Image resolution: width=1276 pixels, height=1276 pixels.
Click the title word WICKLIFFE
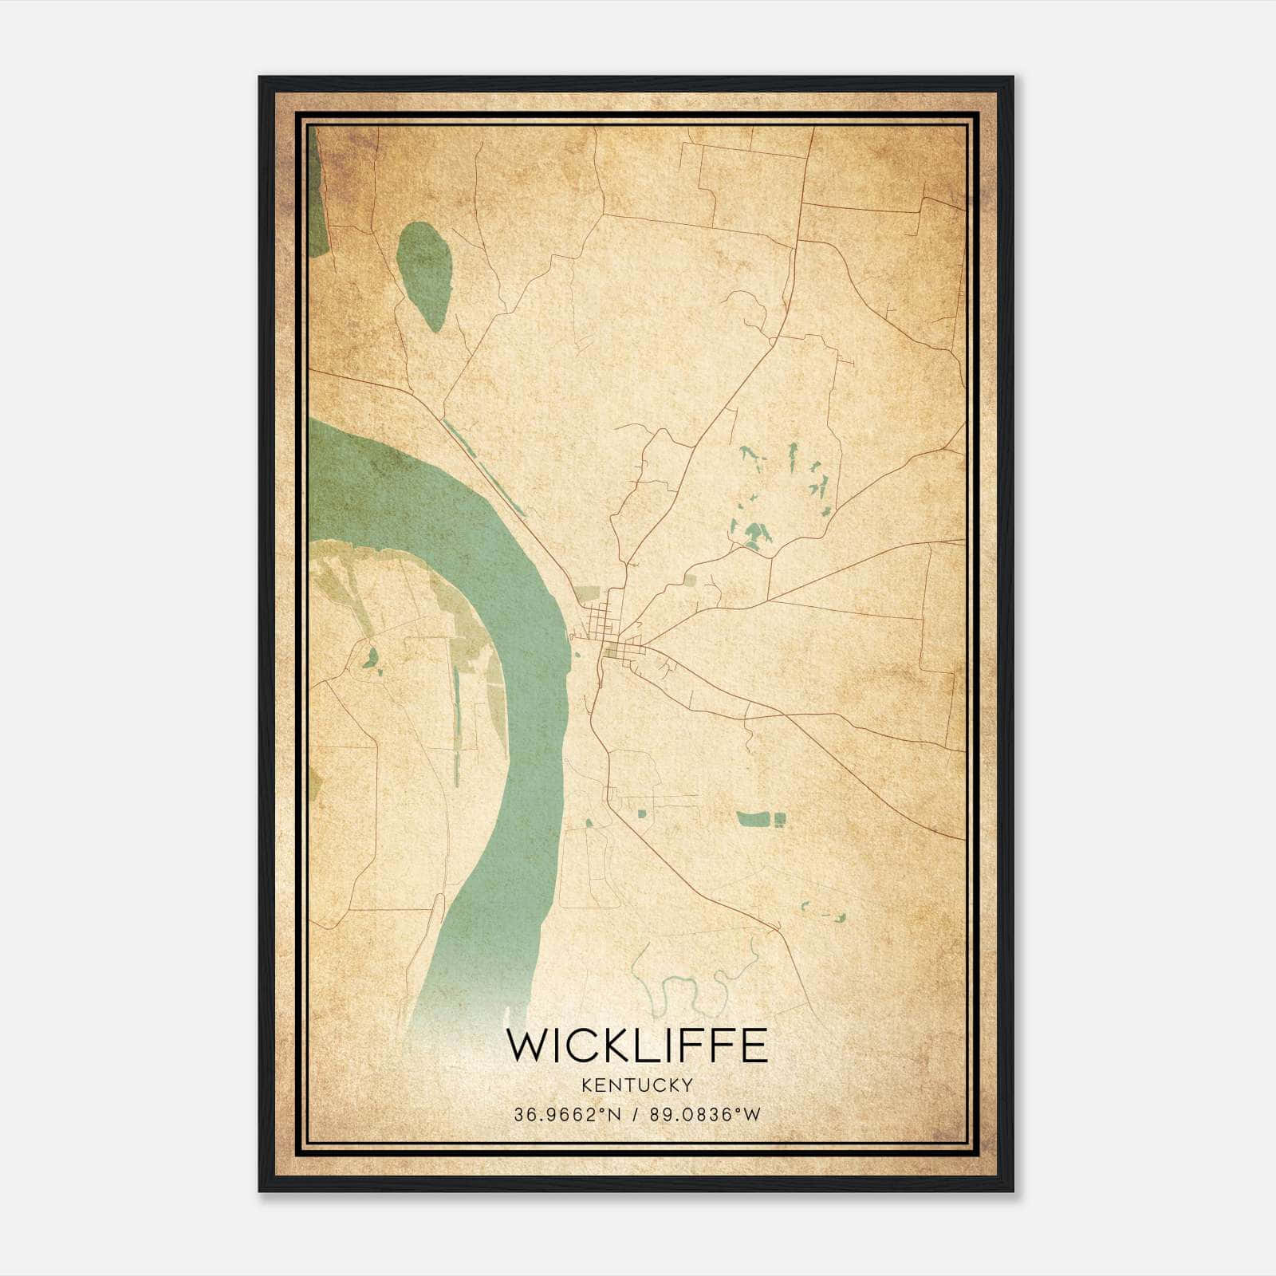point(636,1046)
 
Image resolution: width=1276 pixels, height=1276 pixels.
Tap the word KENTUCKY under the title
point(637,1085)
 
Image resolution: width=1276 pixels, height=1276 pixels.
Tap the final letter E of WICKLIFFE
point(754,1046)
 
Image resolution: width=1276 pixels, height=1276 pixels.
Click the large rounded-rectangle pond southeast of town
point(753,819)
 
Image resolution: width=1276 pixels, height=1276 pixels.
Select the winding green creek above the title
point(684,989)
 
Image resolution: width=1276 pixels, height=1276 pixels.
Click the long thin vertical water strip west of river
point(456,718)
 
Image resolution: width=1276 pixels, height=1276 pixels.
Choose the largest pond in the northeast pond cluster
point(754,533)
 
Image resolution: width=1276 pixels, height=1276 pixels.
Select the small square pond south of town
point(641,813)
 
